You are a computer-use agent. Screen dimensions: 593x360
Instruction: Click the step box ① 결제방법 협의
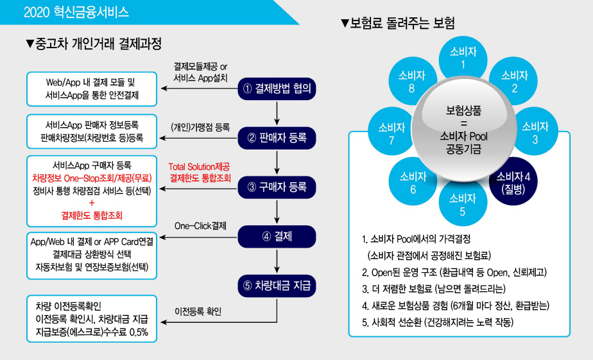coord(277,89)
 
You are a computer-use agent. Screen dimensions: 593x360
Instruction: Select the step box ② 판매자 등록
coord(277,138)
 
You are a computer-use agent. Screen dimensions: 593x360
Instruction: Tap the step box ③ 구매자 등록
coord(277,187)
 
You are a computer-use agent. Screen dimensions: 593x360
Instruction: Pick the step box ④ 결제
coord(277,237)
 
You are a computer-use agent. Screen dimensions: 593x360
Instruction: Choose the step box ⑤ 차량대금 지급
coord(277,286)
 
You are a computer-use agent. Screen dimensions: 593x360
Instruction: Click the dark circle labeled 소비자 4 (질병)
coord(513,182)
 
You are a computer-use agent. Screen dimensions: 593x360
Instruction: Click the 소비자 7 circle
coord(391,132)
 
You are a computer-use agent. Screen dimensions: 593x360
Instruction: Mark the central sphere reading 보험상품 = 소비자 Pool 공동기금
coord(463,130)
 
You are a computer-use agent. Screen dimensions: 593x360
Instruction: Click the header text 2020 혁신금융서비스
coord(76,12)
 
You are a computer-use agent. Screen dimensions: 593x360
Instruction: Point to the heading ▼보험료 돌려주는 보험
coord(397,24)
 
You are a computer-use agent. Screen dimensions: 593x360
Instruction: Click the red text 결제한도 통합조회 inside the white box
coord(92,216)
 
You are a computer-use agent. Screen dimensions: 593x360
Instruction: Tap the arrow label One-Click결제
coord(200,226)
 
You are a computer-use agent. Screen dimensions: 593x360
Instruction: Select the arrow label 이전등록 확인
coord(198,312)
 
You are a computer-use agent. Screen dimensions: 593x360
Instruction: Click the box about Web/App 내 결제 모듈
coord(92,89)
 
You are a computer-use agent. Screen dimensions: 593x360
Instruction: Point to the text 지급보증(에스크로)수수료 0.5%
coord(92,332)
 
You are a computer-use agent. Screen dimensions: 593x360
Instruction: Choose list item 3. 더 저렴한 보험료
coord(434,289)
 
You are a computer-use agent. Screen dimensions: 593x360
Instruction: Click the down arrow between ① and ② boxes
coord(277,113)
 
